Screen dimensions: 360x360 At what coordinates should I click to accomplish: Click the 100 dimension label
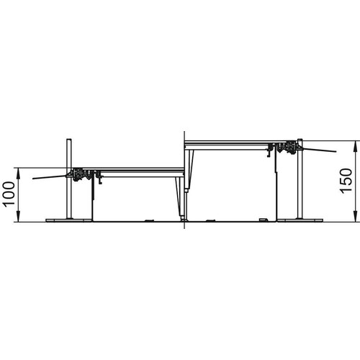pos(9,194)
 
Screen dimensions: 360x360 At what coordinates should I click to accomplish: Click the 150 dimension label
pos(346,181)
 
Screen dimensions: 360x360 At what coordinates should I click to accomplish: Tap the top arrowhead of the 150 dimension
pos(356,145)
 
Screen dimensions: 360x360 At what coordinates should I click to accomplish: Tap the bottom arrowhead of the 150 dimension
pos(356,217)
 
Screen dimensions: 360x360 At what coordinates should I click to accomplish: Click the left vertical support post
pos(69,179)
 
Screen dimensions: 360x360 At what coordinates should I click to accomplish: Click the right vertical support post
pos(300,179)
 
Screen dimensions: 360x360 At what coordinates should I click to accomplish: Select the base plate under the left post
pos(69,220)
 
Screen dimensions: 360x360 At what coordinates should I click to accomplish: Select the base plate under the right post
pos(300,220)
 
